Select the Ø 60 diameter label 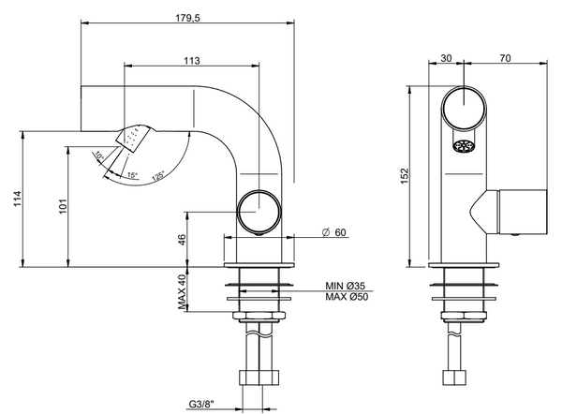333,231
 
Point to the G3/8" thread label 200,404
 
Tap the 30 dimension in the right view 445,59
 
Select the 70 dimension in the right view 505,59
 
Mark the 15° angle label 131,175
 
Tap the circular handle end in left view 258,210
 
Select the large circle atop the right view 463,106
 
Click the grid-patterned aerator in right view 462,147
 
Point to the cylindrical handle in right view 521,212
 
